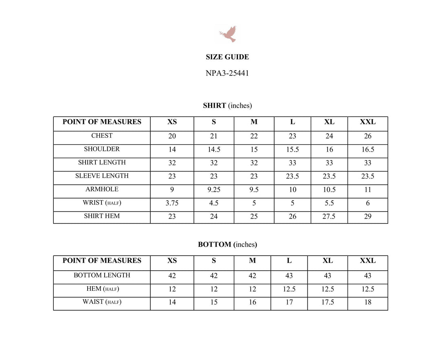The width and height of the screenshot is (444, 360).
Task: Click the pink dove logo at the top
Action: click(228, 34)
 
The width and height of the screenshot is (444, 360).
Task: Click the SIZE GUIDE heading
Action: click(227, 57)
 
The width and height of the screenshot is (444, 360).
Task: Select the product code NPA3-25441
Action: click(227, 73)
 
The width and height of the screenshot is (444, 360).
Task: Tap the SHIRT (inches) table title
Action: click(227, 106)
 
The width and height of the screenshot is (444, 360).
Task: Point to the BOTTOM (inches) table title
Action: click(227, 245)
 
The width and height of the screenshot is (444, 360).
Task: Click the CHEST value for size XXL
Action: click(368, 136)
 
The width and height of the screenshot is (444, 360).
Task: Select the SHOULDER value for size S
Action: click(214, 150)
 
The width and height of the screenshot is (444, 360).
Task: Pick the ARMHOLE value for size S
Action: click(214, 190)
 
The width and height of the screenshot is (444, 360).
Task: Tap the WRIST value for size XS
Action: click(172, 203)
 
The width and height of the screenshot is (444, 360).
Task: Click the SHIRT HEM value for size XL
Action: click(329, 216)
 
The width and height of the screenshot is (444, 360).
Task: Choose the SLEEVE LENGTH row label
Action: click(102, 176)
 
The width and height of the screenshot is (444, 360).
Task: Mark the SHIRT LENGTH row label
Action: click(102, 162)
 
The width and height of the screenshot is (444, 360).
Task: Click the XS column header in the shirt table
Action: click(172, 122)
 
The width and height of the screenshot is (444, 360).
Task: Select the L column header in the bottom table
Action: click(289, 261)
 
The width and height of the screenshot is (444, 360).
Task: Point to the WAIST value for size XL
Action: click(328, 303)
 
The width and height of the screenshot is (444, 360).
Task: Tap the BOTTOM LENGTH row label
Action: click(102, 275)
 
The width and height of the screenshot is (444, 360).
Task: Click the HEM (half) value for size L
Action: click(289, 289)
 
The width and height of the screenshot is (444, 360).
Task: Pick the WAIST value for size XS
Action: click(172, 303)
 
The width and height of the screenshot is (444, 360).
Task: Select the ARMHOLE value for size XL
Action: click(329, 190)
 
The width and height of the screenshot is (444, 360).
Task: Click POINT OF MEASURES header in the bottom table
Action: click(102, 261)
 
